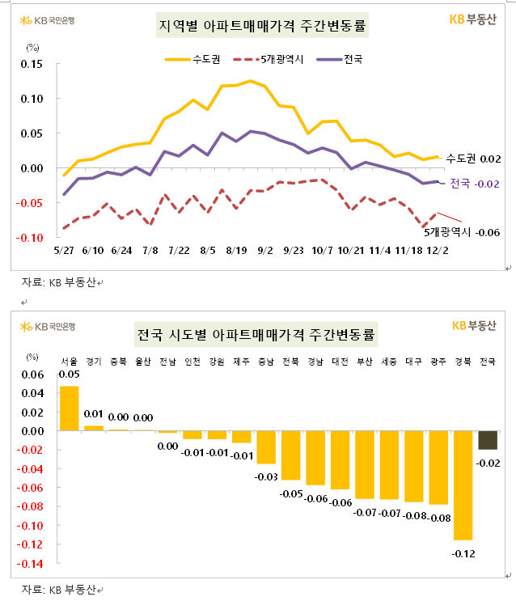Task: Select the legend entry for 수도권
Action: [192, 59]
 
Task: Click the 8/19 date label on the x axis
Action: [236, 252]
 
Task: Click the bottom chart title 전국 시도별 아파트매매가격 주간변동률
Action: [257, 334]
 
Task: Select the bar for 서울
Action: [70, 408]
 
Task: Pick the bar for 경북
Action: [463, 485]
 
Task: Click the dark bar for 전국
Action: [488, 440]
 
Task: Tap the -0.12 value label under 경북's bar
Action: [463, 554]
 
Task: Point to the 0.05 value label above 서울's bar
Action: [69, 375]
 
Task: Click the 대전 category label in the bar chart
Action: [340, 362]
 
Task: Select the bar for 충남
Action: [265, 447]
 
